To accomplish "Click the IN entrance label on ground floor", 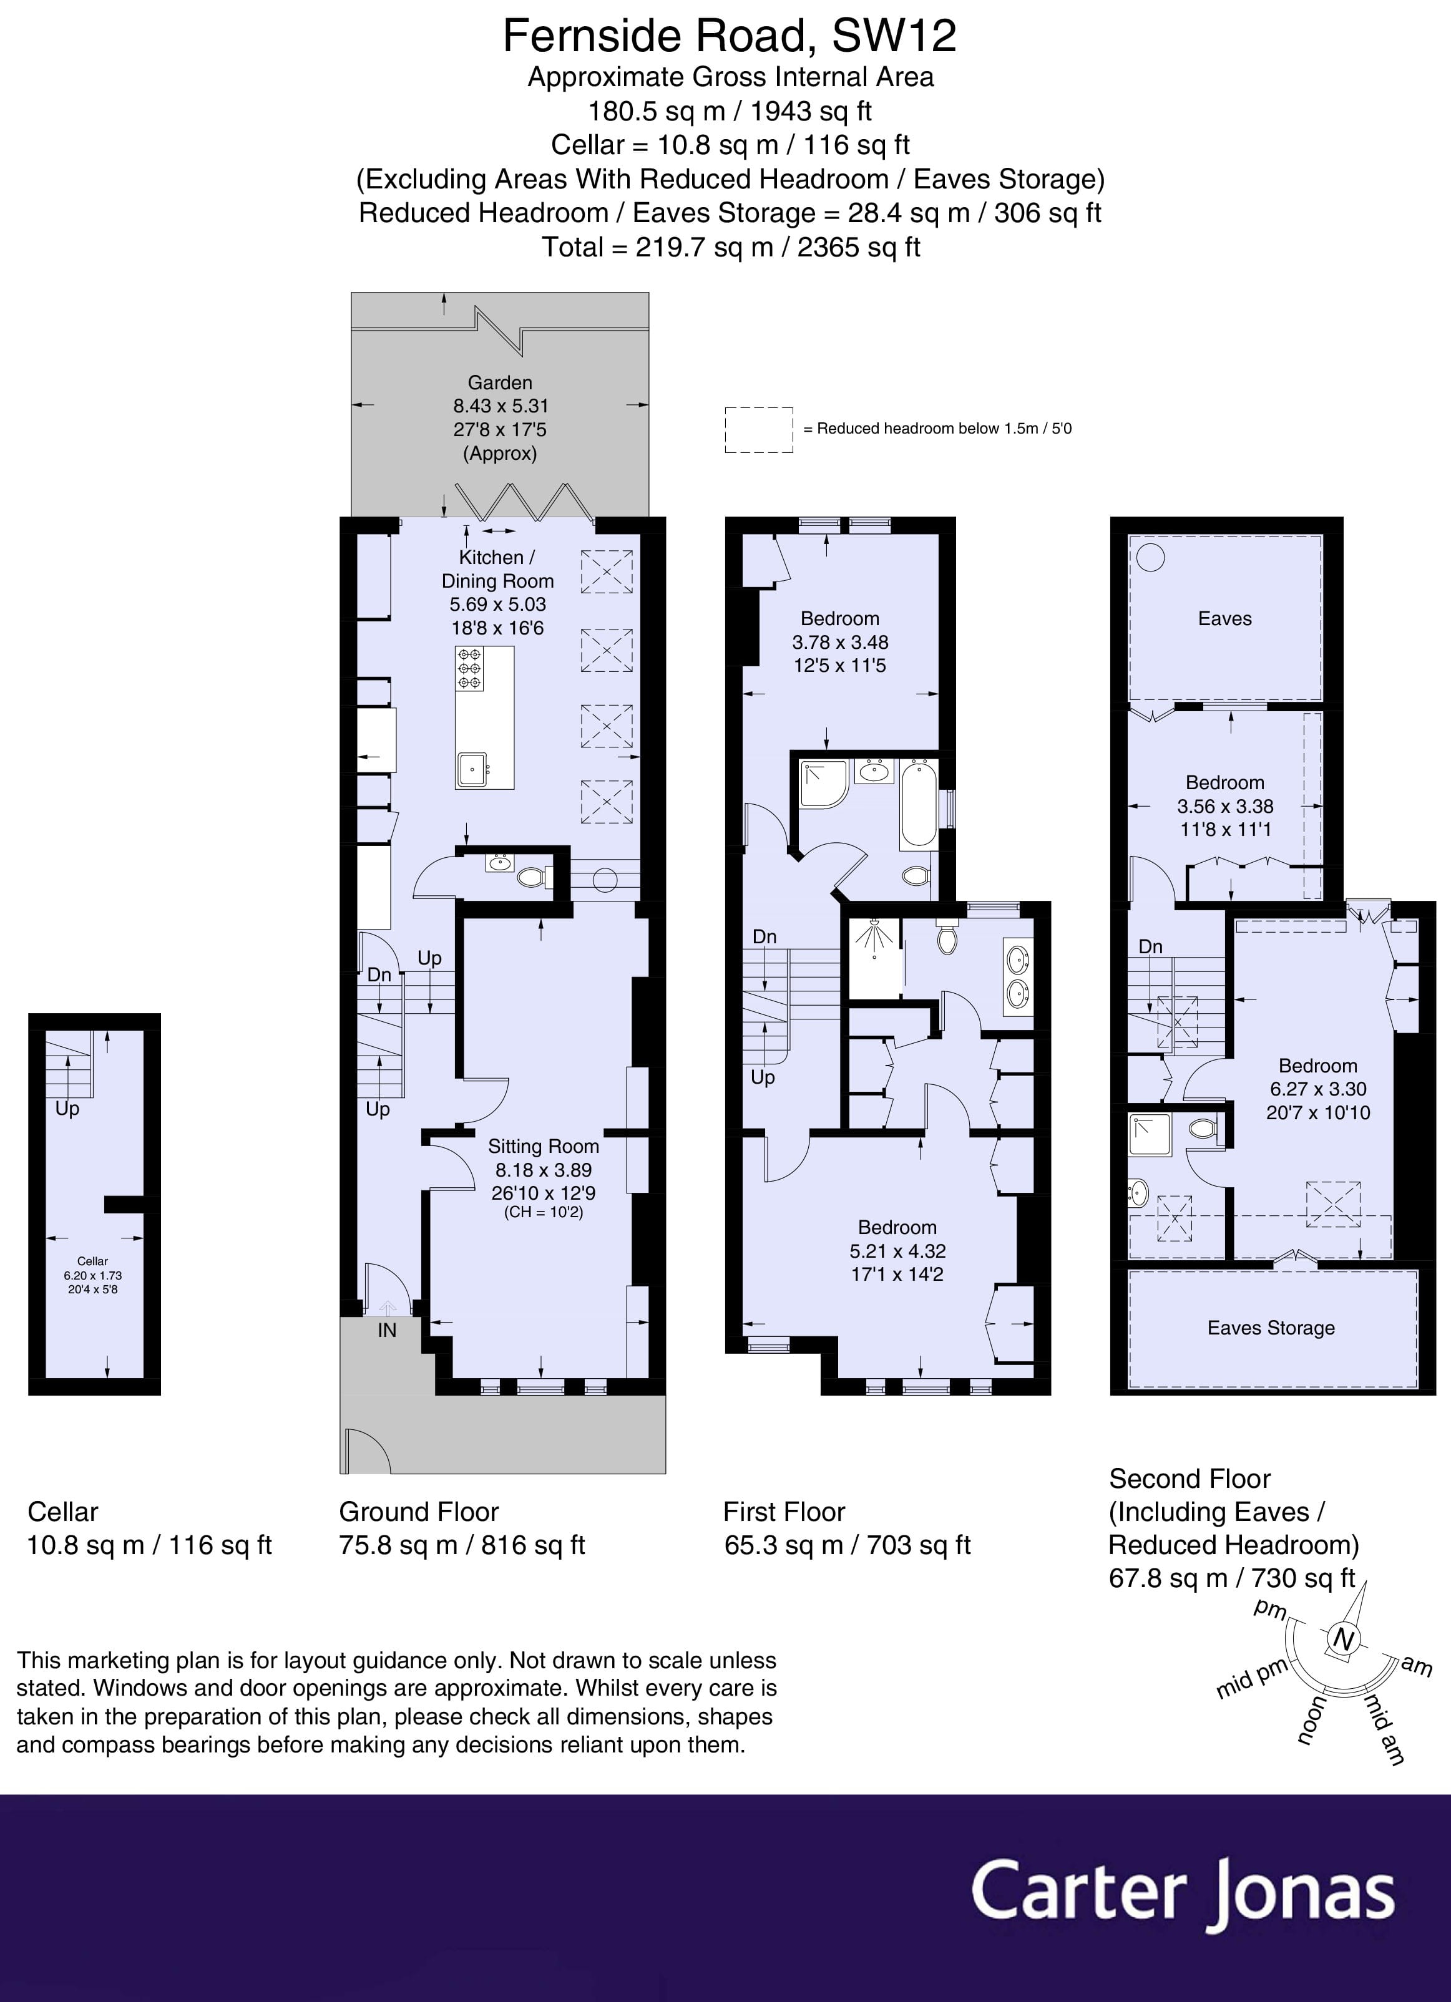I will [387, 1330].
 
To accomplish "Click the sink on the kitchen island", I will [472, 769].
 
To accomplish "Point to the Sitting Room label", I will [543, 1146].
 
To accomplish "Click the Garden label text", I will [500, 382].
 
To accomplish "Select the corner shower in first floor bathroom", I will [822, 784].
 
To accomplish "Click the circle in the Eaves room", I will [1150, 557].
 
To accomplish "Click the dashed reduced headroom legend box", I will [759, 430].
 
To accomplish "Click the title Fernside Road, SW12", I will [730, 36].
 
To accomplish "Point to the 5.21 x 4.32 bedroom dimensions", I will [897, 1251].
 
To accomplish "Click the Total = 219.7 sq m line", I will [730, 247].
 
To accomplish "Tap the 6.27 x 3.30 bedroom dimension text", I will [1317, 1089].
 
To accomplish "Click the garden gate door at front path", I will [366, 1450].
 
